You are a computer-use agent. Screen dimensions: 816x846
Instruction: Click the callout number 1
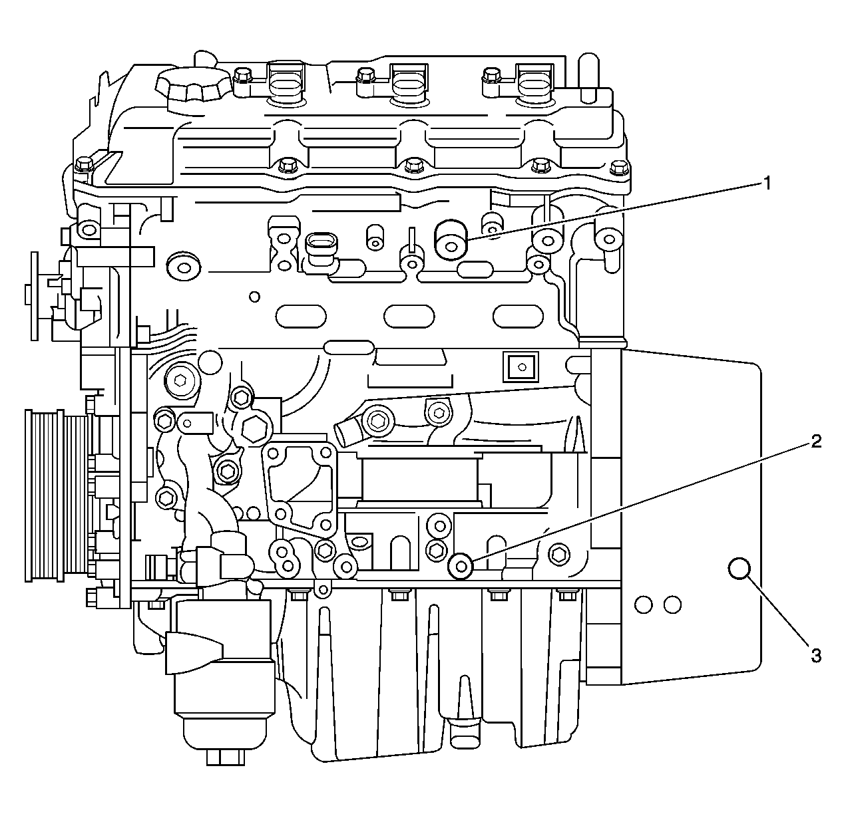pyautogui.click(x=767, y=183)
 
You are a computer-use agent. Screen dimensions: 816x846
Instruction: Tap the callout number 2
pyautogui.click(x=815, y=442)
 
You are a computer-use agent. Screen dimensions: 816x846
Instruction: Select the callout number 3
pyautogui.click(x=815, y=656)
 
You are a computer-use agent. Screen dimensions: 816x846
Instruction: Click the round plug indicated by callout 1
pyautogui.click(x=451, y=240)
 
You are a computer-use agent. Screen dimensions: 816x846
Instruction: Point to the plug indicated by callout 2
pyautogui.click(x=461, y=566)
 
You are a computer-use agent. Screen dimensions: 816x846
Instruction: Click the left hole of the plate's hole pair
pyautogui.click(x=643, y=604)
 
